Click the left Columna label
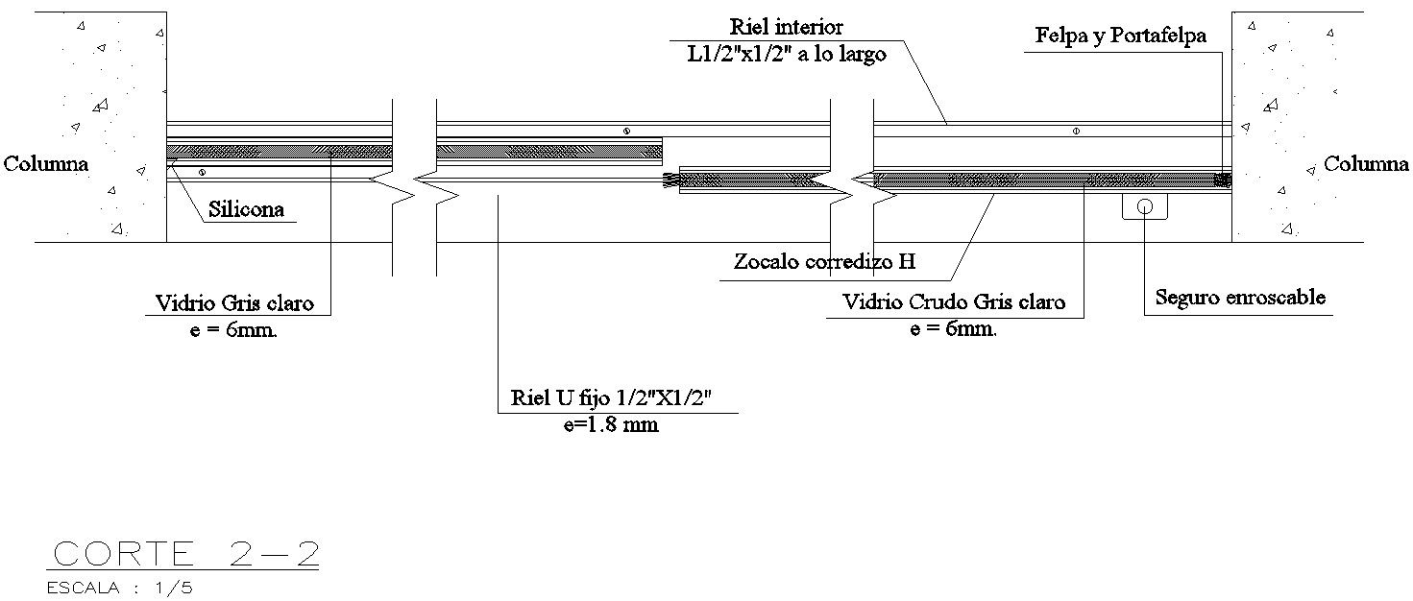pyautogui.click(x=46, y=164)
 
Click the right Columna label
pyautogui.click(x=1366, y=164)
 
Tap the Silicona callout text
pyautogui.click(x=246, y=209)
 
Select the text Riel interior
pyautogui.click(x=786, y=28)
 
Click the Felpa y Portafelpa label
pyautogui.click(x=1121, y=36)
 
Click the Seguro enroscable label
pyautogui.click(x=1240, y=298)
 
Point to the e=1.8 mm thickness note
pyautogui.click(x=611, y=424)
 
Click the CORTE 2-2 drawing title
pyautogui.click(x=185, y=555)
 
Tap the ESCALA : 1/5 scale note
pyautogui.click(x=120, y=588)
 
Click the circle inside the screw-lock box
pyautogui.click(x=1145, y=205)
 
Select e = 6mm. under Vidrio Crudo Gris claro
pyautogui.click(x=952, y=328)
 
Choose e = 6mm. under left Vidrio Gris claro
pyautogui.click(x=236, y=329)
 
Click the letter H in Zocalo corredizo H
pyautogui.click(x=906, y=261)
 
